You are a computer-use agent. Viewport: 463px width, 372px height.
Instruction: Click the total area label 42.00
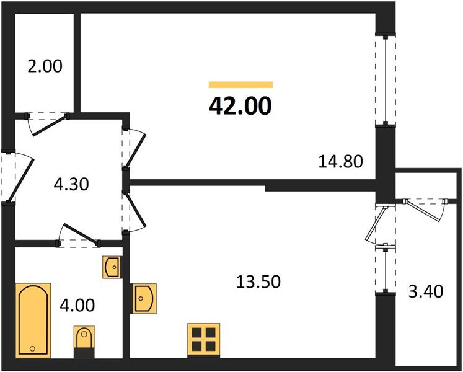click(240, 107)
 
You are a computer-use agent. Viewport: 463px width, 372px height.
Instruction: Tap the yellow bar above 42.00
click(240, 85)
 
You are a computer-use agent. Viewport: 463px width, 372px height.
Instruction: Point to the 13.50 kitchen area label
click(258, 282)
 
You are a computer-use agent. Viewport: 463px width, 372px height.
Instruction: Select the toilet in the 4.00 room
click(84, 339)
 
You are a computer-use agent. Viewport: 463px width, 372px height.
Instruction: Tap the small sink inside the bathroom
click(112, 267)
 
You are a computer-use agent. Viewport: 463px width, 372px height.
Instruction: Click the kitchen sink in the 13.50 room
click(144, 298)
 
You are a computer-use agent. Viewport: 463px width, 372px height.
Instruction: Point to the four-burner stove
click(203, 340)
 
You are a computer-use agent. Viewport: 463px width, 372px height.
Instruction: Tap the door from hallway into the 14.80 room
click(134, 148)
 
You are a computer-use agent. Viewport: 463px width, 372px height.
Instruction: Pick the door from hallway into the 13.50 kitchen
click(134, 211)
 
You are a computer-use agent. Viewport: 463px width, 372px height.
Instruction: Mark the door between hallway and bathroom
click(78, 235)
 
